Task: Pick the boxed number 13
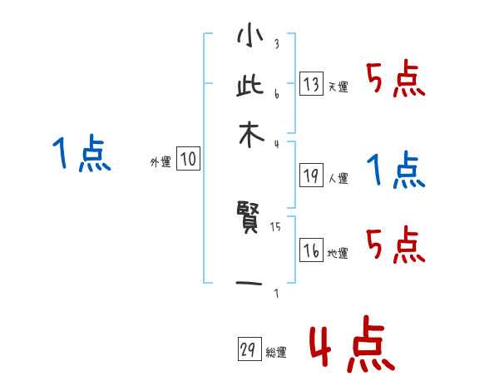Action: click(311, 84)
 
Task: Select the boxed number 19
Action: click(311, 175)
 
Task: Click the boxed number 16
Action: click(311, 251)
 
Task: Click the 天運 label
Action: click(338, 87)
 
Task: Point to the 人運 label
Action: click(338, 177)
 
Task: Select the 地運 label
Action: click(338, 254)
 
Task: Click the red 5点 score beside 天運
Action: click(396, 79)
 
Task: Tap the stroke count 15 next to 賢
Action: click(275, 225)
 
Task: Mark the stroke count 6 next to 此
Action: click(276, 93)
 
